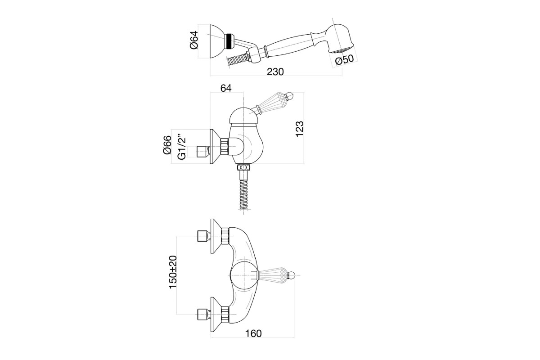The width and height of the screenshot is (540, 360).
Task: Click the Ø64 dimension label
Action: tap(194, 40)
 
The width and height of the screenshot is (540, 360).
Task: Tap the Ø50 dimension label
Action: tap(344, 60)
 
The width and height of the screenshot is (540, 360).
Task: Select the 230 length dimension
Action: tap(275, 72)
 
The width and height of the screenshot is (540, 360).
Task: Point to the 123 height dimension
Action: tap(299, 129)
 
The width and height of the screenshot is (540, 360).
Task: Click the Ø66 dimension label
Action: tap(167, 145)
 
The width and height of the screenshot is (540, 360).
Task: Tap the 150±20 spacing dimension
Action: tap(173, 272)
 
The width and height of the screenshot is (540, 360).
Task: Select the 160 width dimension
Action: tap(253, 333)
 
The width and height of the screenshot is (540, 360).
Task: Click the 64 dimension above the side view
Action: tap(226, 88)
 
